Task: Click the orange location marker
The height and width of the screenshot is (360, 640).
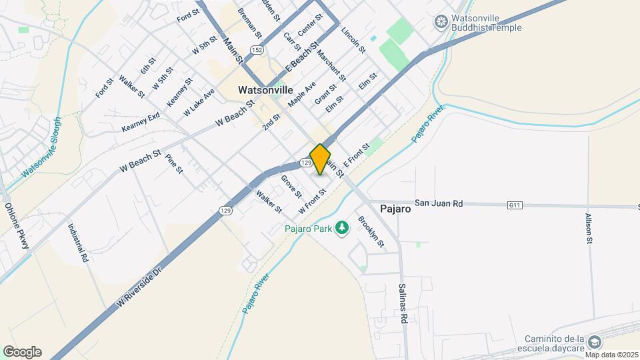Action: pyautogui.click(x=321, y=159)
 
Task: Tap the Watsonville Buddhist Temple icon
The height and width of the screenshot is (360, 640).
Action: pyautogui.click(x=440, y=22)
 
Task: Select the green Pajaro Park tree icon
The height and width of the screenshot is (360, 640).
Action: pyautogui.click(x=343, y=229)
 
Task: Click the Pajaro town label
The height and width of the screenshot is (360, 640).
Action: pyautogui.click(x=395, y=208)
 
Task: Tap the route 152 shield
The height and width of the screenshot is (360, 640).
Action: pyautogui.click(x=257, y=50)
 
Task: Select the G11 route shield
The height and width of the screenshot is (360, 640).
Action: pyautogui.click(x=514, y=205)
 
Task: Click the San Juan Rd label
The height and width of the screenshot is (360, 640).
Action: pyautogui.click(x=439, y=203)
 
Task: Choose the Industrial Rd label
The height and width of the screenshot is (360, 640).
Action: pyautogui.click(x=77, y=242)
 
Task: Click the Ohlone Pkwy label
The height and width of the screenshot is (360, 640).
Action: pyautogui.click(x=18, y=226)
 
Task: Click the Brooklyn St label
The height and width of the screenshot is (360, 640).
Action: pyautogui.click(x=371, y=231)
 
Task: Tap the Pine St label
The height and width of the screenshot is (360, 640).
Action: pyautogui.click(x=174, y=164)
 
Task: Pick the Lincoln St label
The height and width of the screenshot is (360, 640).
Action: pyautogui.click(x=353, y=40)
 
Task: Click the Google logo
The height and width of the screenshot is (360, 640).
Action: pyautogui.click(x=22, y=352)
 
